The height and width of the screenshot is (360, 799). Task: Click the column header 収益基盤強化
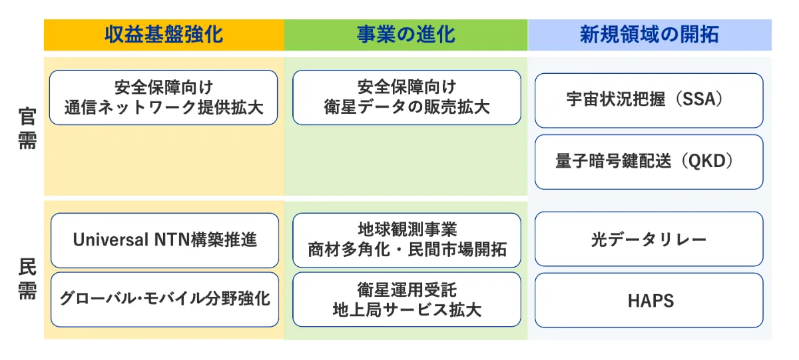pos(164,35)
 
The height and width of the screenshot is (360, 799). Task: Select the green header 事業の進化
pos(405,35)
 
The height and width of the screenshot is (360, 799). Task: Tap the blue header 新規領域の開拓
pos(649,35)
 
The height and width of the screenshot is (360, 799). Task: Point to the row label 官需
pos(27,128)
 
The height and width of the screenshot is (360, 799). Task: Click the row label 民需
pos(27,279)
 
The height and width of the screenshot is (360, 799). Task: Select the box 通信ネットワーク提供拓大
pos(164,98)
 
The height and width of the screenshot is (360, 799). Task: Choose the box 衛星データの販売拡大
pos(406,98)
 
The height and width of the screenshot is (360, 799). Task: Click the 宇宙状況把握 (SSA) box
pos(649,100)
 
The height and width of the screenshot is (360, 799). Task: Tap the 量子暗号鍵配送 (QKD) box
pos(649,162)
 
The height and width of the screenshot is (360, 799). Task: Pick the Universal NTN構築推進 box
pos(164,240)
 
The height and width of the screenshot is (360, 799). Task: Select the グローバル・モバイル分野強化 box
pos(164,299)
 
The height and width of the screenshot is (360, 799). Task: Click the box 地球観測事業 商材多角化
pos(406,240)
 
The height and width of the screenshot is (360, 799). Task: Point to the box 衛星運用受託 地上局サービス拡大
pos(406,299)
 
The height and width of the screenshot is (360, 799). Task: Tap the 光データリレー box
pos(649,240)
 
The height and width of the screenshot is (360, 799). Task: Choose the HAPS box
pos(649,301)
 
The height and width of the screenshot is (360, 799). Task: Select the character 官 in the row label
pos(27,116)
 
